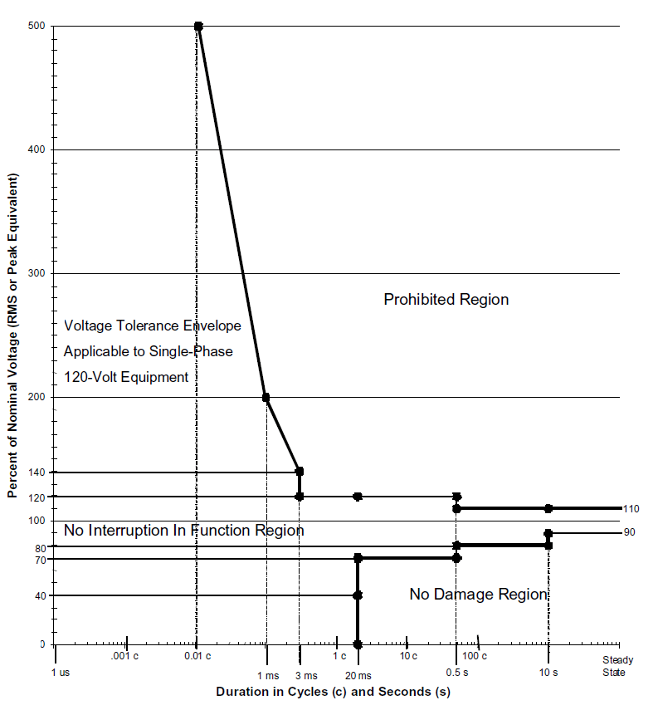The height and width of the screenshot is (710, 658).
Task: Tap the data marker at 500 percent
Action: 198,27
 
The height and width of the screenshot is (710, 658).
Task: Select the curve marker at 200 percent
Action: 266,398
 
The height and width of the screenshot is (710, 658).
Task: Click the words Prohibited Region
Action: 446,299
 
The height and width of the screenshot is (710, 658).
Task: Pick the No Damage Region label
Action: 479,594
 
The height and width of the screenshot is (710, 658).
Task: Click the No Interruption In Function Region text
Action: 184,530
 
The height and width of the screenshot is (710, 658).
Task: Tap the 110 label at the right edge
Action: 631,509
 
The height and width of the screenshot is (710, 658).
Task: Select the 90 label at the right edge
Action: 629,532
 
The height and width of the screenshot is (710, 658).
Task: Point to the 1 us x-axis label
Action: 61,672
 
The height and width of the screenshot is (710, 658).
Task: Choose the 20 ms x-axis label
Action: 358,676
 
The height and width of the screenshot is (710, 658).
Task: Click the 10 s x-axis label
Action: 548,672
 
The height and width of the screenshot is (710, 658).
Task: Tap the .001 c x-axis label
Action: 126,656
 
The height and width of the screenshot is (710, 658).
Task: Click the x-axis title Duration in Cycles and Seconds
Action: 334,691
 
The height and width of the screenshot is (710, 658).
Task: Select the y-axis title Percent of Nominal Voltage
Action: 13,336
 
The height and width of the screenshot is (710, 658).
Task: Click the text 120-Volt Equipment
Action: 126,376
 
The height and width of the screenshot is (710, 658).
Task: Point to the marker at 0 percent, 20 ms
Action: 358,644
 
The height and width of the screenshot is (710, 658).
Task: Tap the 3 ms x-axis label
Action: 305,676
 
